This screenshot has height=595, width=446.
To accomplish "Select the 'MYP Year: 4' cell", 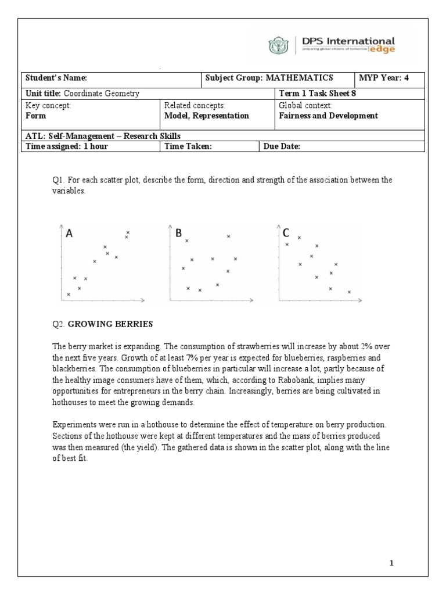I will point(384,78).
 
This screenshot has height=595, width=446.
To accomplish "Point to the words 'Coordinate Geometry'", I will point(102,94).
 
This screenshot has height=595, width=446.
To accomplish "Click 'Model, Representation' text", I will point(207,116).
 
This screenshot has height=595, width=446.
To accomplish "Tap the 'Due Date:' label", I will point(282,146).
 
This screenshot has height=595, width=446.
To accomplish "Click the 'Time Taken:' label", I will point(186,146).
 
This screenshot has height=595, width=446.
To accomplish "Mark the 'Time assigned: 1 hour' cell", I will point(67,146).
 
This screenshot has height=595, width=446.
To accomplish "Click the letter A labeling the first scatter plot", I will point(69,234).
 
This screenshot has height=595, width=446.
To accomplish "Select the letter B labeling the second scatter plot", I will point(178,233).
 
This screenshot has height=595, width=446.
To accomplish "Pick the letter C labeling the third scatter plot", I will point(286,233).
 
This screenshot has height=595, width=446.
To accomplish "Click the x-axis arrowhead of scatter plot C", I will point(359,301).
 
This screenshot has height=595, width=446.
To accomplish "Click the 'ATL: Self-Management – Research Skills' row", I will point(95,136).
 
